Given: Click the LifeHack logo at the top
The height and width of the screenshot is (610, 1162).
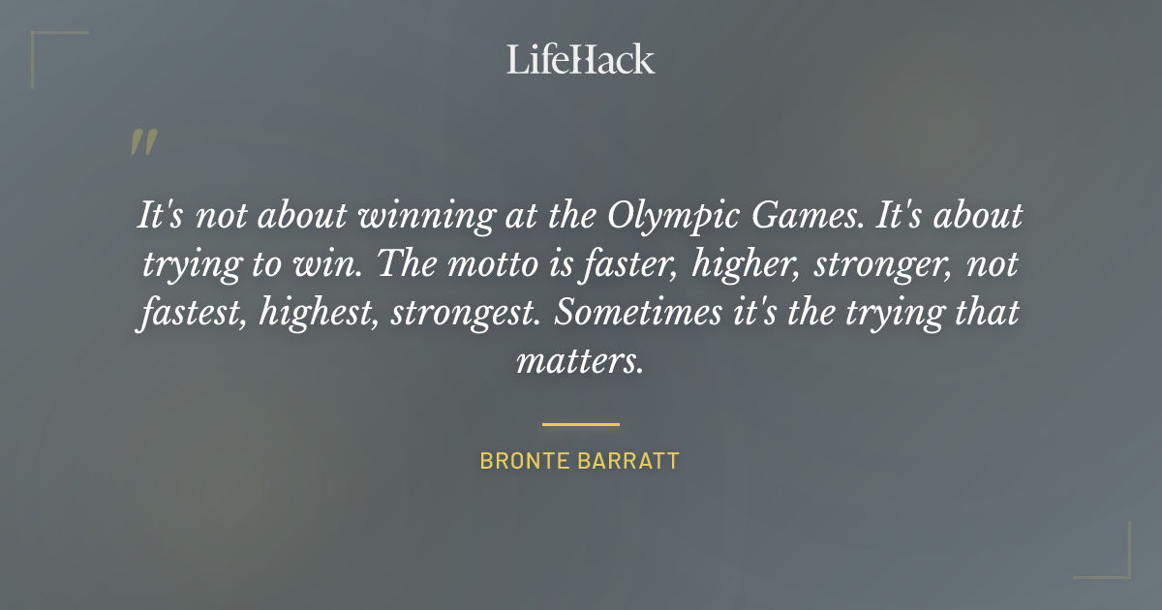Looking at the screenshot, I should tap(580, 59).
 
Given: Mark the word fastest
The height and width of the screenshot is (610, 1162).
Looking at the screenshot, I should tap(191, 314).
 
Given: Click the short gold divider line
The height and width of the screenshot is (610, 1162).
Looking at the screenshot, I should tap(580, 424).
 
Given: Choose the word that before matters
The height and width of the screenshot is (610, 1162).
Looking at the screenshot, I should tap(982, 314).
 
